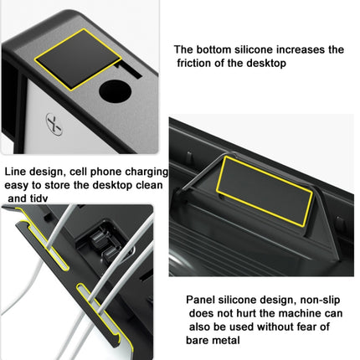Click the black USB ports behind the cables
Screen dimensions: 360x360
(x=100, y=243)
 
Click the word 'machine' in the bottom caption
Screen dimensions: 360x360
(x=289, y=313)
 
